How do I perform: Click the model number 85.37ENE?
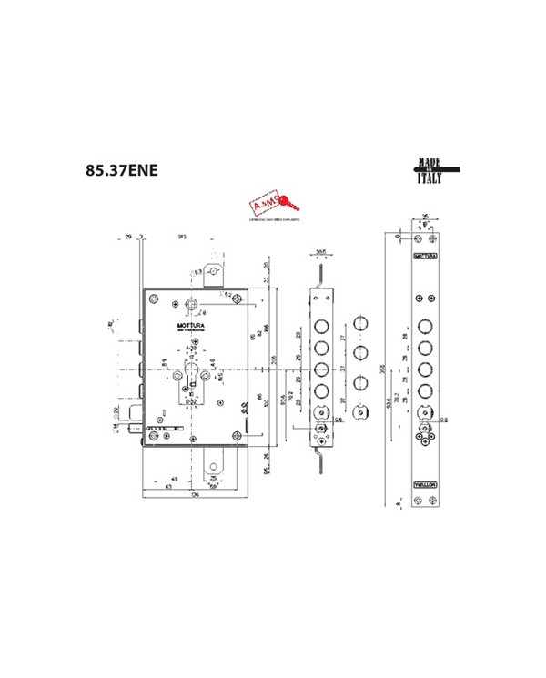[120, 170]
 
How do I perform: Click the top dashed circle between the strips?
[362, 326]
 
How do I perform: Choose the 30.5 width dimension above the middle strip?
[321, 251]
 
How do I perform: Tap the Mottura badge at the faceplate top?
[425, 258]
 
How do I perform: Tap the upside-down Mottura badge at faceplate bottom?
[425, 483]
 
